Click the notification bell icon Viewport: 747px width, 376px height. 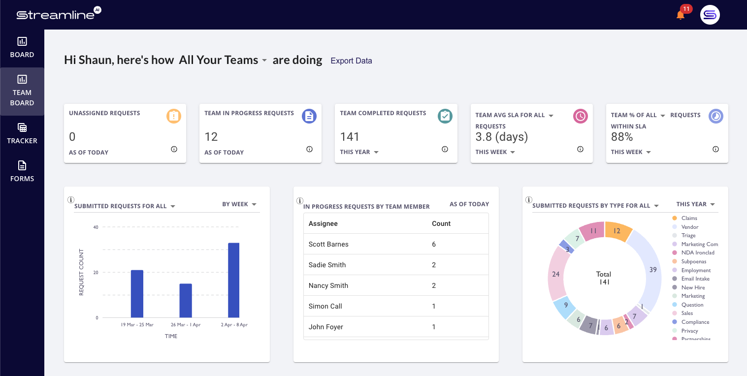(681, 15)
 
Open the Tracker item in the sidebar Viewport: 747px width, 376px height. (22, 133)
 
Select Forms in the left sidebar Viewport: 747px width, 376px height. (22, 171)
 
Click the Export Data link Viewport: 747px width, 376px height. (351, 61)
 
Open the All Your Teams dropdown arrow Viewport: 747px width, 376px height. (264, 61)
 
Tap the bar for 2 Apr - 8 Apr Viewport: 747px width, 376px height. (234, 280)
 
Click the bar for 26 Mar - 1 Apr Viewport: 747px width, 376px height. (186, 301)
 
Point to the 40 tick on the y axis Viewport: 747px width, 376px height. (96, 227)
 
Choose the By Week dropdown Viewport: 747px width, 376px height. (239, 204)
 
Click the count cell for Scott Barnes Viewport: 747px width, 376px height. (434, 244)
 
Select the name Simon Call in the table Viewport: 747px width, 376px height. (325, 306)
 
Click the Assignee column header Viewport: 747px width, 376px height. (323, 223)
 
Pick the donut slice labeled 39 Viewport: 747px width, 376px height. (651, 270)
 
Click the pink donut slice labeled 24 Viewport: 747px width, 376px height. (556, 274)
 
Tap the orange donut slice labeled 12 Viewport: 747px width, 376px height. (617, 231)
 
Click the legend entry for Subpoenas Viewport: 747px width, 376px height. (693, 261)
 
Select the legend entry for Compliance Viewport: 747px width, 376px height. (695, 322)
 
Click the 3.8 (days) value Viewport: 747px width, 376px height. (501, 137)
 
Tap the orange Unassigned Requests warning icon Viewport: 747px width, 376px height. (174, 116)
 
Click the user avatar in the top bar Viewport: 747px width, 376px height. (710, 15)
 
